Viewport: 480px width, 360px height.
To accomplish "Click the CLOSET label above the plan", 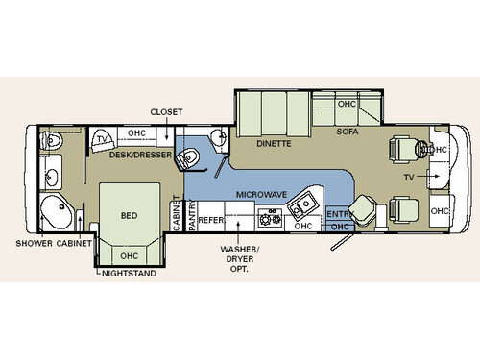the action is point(166,112).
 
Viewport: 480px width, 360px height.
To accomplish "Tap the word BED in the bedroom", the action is point(130,215).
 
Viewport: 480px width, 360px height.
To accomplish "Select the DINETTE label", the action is point(274,144).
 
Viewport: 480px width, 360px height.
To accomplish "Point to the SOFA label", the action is point(348,132).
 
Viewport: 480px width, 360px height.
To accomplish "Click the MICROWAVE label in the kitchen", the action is point(261,194).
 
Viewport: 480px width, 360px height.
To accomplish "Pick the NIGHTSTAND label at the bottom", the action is point(129,274).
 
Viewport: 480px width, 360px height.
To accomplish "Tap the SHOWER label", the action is point(35,243).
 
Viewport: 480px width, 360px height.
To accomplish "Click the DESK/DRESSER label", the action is point(140,155).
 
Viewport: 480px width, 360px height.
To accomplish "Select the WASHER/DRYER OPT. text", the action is point(239,259).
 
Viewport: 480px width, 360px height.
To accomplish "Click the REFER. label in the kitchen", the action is point(211,220).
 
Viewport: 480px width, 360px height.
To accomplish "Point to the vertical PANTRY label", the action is point(192,214).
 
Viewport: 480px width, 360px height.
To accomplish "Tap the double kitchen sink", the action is point(302,204).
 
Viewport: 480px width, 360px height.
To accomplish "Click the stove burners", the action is point(271,218).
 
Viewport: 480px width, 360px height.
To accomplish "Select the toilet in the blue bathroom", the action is point(188,158).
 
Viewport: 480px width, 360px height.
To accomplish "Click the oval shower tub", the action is point(56,212).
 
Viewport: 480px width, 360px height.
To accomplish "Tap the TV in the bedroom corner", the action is point(103,141).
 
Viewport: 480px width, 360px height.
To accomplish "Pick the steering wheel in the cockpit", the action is point(421,148).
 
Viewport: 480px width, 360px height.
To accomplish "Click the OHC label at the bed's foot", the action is point(130,256).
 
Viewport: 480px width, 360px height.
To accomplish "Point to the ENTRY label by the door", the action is point(339,214).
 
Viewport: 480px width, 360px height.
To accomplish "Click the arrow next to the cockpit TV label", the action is point(428,176).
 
